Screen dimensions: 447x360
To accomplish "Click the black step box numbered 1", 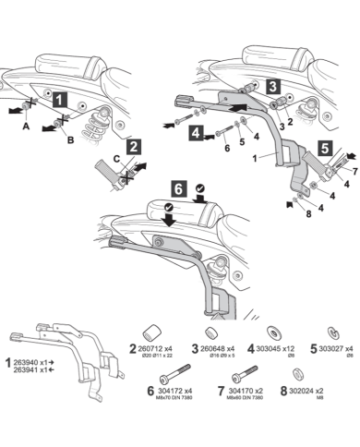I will pos(57,97).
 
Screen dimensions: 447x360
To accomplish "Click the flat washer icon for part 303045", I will pos(273,331).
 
